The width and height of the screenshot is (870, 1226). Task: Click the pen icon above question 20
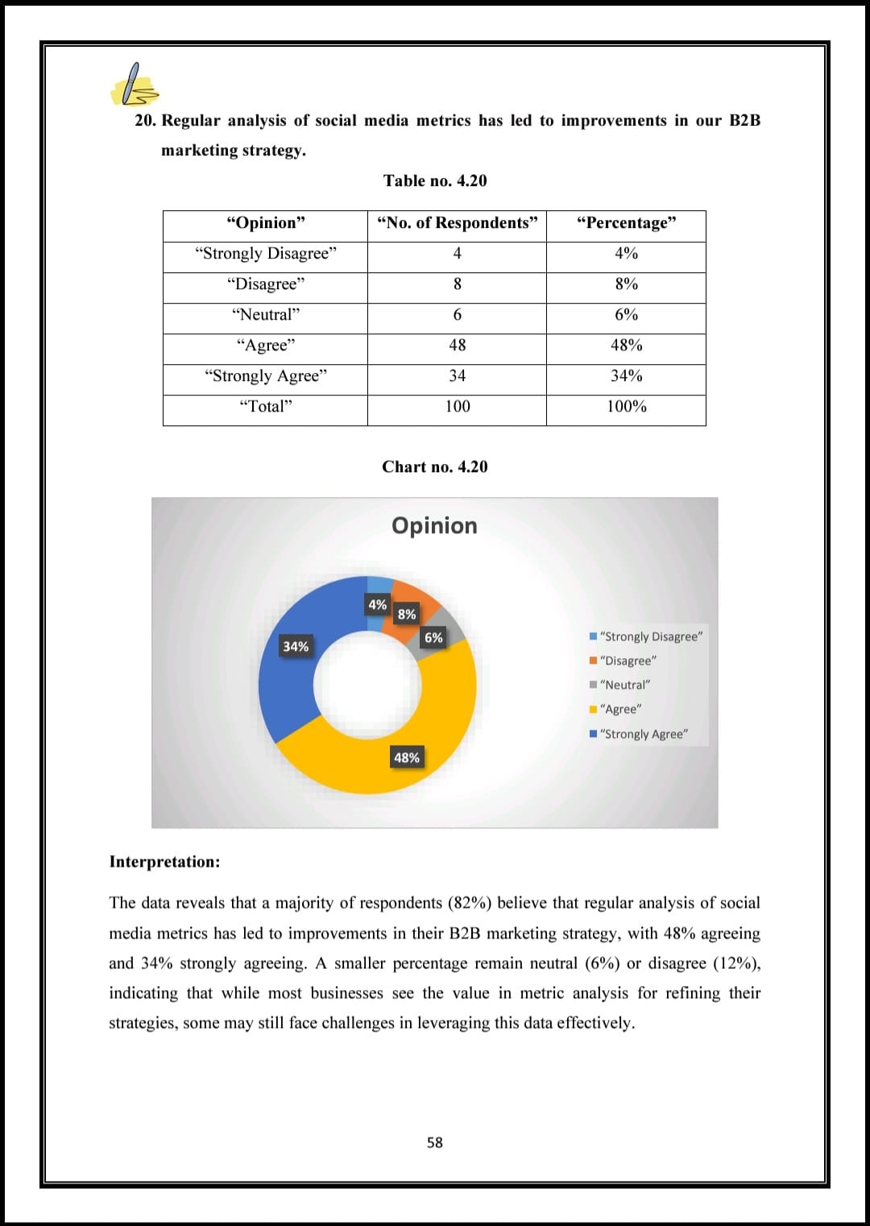(x=134, y=85)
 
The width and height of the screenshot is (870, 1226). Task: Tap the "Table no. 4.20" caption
(x=435, y=180)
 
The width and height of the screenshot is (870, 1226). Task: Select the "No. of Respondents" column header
(x=457, y=223)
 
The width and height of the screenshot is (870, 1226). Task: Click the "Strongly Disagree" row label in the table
(x=265, y=254)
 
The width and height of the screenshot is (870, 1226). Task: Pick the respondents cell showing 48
(x=457, y=346)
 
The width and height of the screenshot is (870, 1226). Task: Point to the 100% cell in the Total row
(x=626, y=407)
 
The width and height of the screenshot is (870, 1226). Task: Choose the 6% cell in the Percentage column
(x=626, y=315)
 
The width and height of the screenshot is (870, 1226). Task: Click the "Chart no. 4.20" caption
(x=435, y=467)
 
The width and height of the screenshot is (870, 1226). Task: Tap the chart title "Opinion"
(x=434, y=526)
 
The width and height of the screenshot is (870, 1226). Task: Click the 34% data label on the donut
(x=296, y=647)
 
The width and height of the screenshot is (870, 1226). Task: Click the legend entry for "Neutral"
(x=624, y=685)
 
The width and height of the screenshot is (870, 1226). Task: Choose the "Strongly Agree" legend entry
(x=644, y=735)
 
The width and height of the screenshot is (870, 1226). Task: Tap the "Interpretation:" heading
(x=164, y=862)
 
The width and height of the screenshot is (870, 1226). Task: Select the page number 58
(x=435, y=1142)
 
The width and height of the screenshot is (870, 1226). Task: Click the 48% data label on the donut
(x=407, y=758)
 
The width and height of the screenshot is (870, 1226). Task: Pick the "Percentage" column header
(x=626, y=223)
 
